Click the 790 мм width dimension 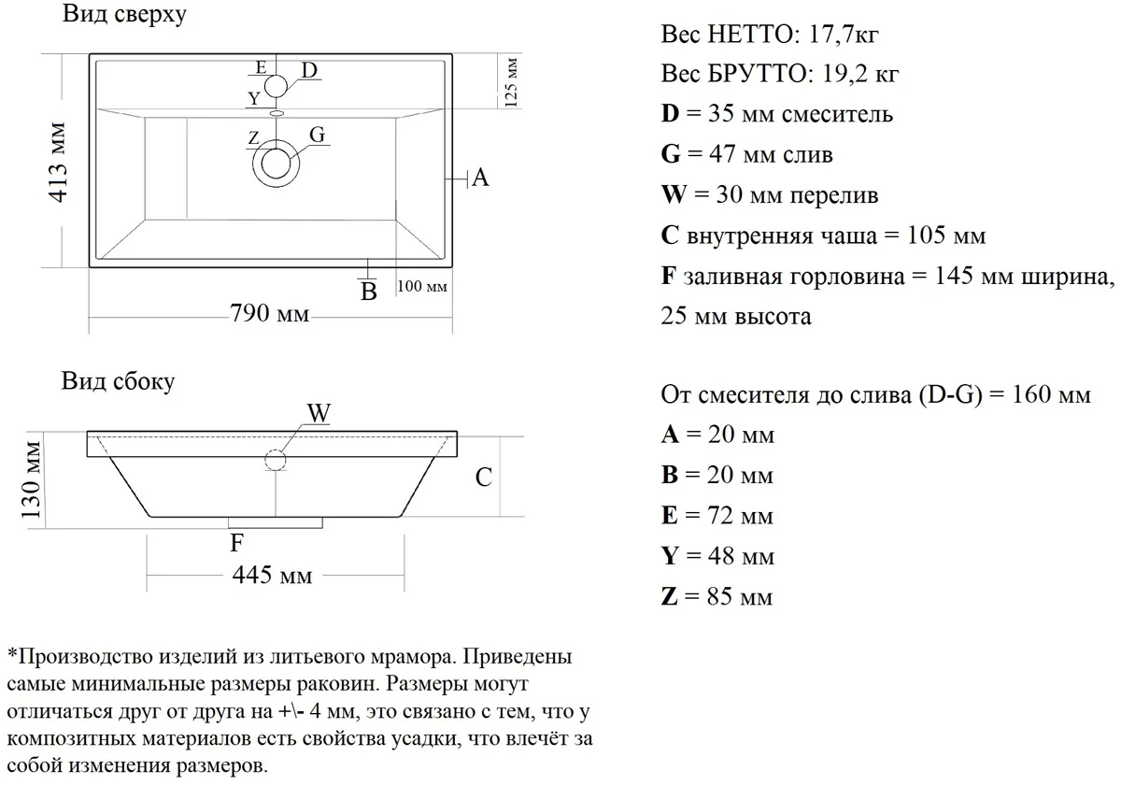pos(269,314)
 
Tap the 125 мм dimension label pos(511,82)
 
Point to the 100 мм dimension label pos(422,285)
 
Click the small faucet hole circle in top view pos(276,87)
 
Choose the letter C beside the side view pos(483,478)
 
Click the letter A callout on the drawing pos(480,177)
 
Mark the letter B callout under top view pos(369,292)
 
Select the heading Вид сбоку pos(118,381)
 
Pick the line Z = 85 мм pos(717,596)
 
